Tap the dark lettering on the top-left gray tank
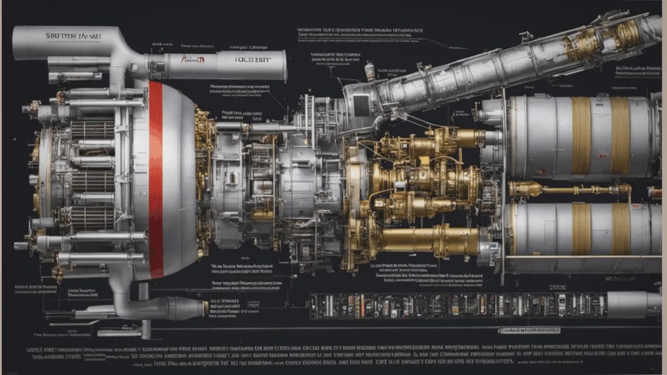[73, 36]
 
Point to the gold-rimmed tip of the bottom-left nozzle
[206, 307]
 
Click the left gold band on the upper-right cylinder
[581, 135]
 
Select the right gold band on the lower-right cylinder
[621, 229]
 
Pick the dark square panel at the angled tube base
[361, 105]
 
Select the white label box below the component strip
[529, 330]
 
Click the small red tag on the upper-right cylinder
[602, 156]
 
